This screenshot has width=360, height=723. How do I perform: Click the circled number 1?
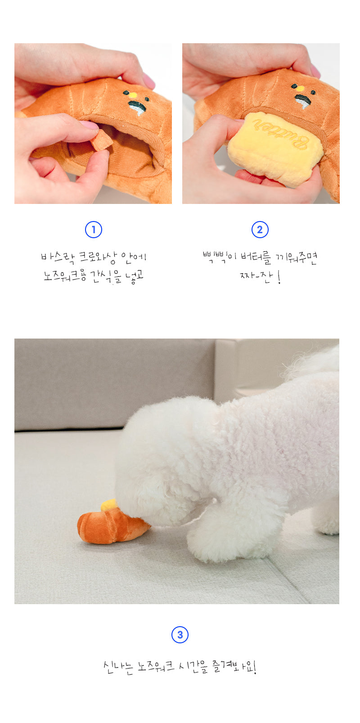[x=94, y=230]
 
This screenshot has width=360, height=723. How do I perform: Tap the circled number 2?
[x=260, y=230]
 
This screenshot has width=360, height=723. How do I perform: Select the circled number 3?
[x=180, y=635]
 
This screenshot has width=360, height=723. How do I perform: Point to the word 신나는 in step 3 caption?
[x=118, y=667]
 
